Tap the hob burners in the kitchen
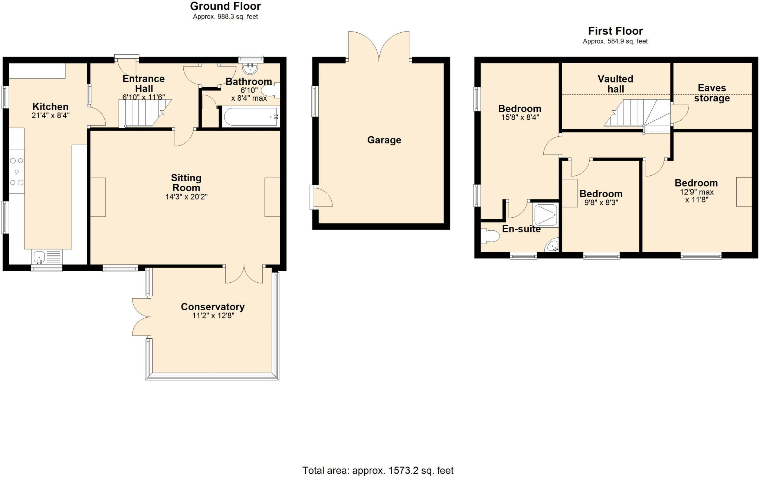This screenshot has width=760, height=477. tap(17, 172)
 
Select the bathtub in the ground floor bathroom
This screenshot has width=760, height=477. tap(250, 117)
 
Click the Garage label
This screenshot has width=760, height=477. tap(384, 140)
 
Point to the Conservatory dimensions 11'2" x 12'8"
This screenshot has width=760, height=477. tap(213, 316)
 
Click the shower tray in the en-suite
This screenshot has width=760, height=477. tap(546, 215)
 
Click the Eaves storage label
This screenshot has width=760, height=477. tap(711, 93)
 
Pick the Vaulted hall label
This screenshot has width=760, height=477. tap(615, 84)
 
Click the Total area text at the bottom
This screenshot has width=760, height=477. tap(378, 470)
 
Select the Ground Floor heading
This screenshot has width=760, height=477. tap(225, 6)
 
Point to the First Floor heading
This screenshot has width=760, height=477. tap(615, 31)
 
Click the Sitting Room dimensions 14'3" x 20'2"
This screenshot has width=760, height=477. tap(186, 197)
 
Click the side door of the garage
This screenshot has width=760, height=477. tap(321, 197)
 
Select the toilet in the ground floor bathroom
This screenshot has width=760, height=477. tap(271, 91)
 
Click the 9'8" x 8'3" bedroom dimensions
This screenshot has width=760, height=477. tap(601, 203)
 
